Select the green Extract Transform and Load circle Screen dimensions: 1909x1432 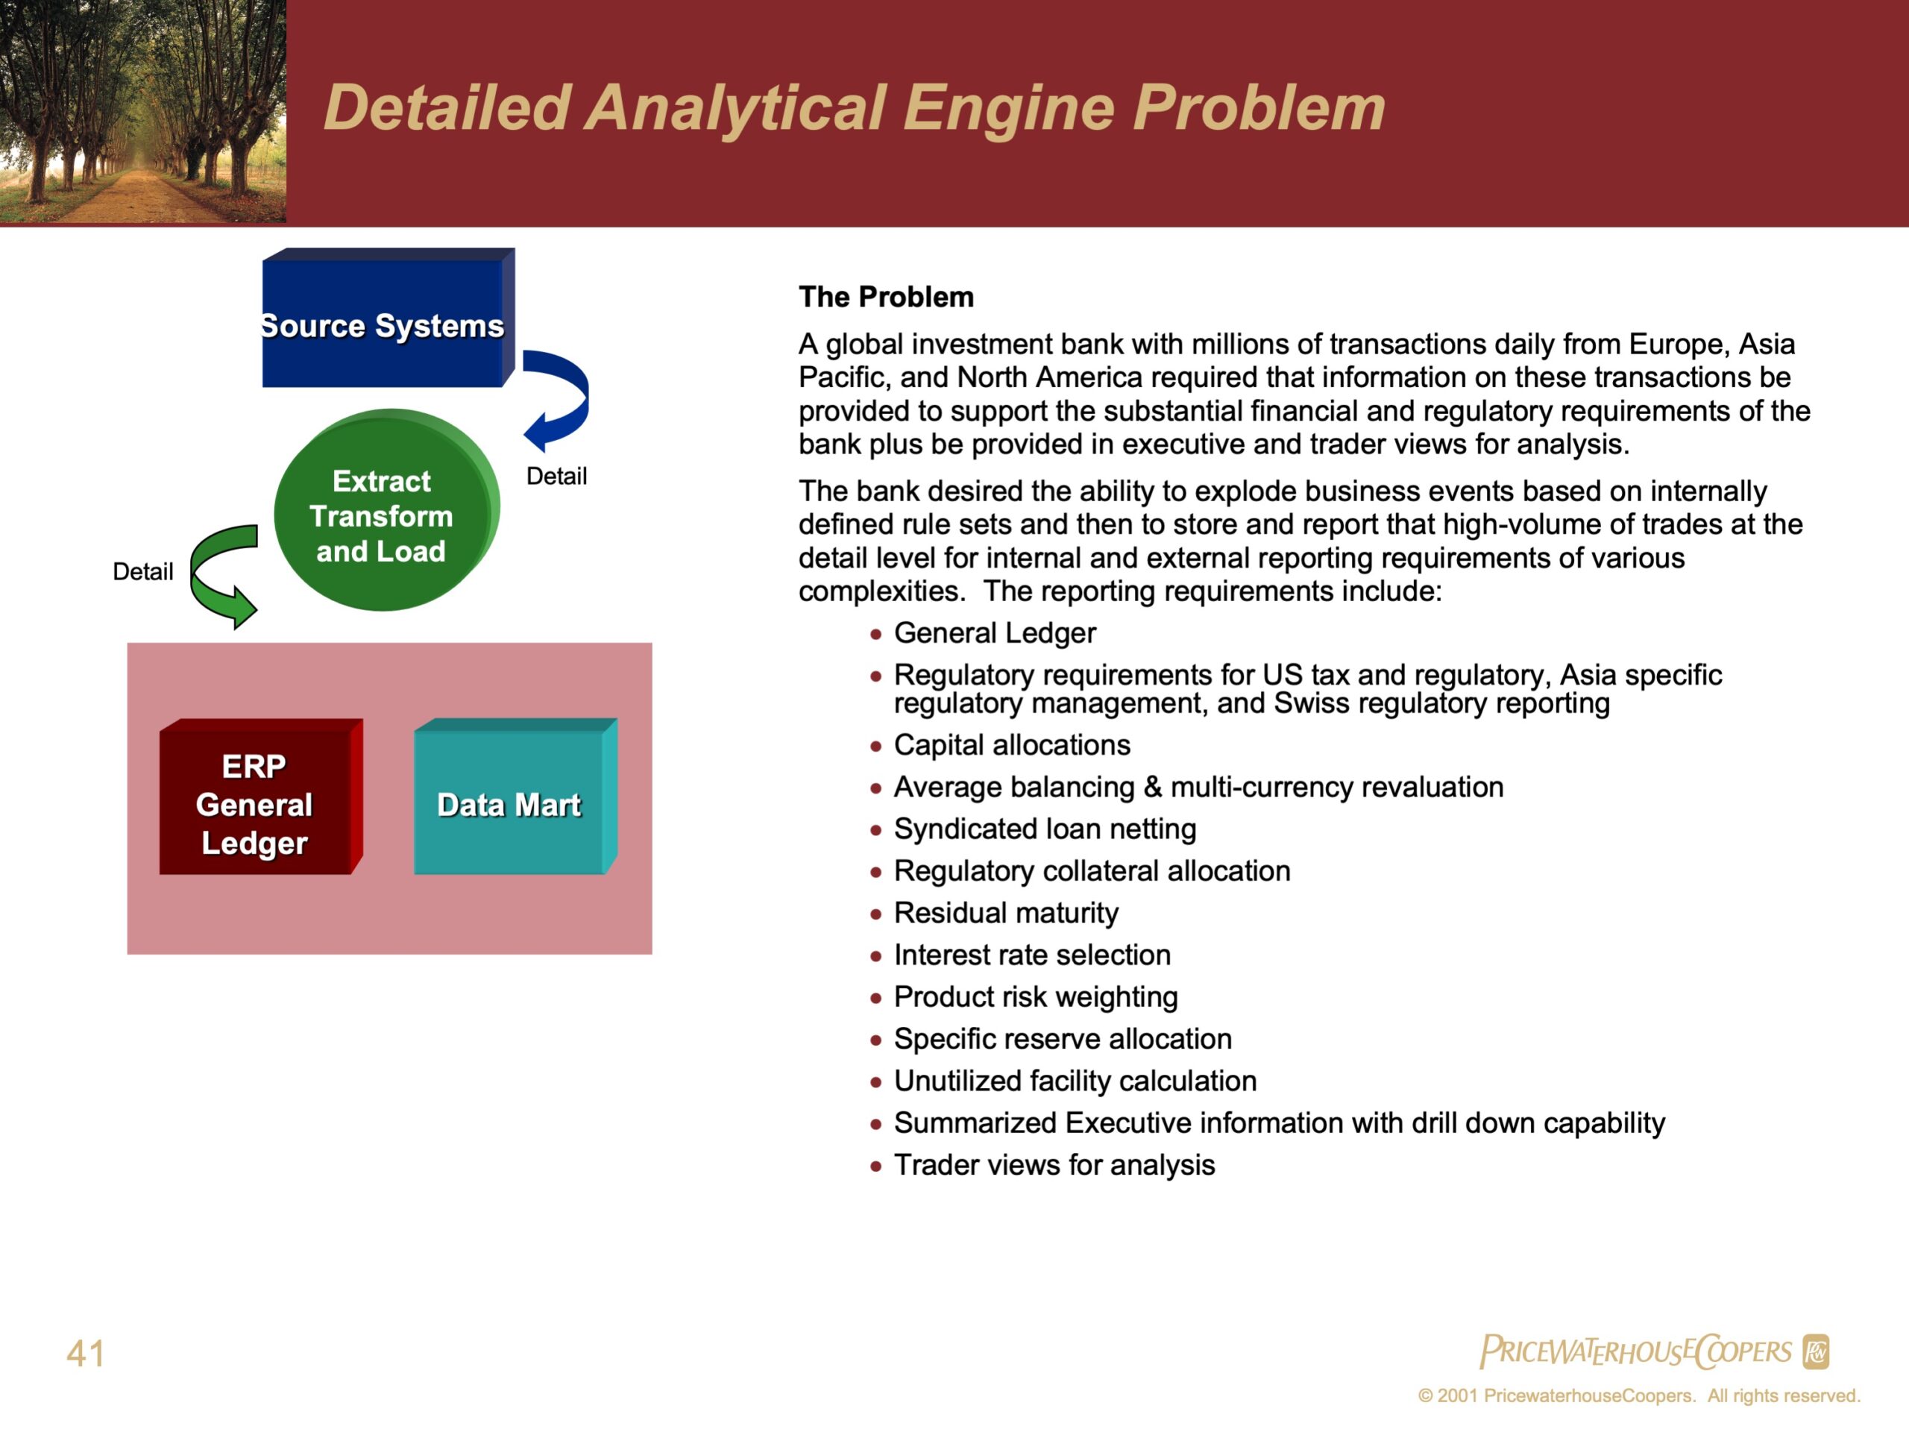tap(386, 510)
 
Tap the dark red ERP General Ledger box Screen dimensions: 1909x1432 tap(261, 797)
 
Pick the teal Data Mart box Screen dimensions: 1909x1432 tap(515, 797)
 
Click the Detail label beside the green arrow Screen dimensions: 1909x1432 tap(142, 571)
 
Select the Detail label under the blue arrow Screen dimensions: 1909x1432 tap(556, 476)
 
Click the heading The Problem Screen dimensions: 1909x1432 tap(887, 297)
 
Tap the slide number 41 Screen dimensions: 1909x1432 tap(86, 1353)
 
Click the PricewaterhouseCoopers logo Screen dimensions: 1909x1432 tap(1653, 1351)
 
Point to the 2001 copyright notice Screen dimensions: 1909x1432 tap(1639, 1395)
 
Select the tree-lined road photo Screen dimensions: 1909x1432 tap(143, 111)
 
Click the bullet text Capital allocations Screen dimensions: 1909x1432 tap(1011, 745)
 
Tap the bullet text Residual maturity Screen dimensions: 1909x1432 tap(1006, 912)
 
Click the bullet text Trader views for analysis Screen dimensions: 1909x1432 tap(1054, 1164)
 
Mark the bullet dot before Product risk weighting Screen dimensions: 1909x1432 tap(876, 999)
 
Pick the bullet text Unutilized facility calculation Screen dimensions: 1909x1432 tap(1075, 1081)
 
